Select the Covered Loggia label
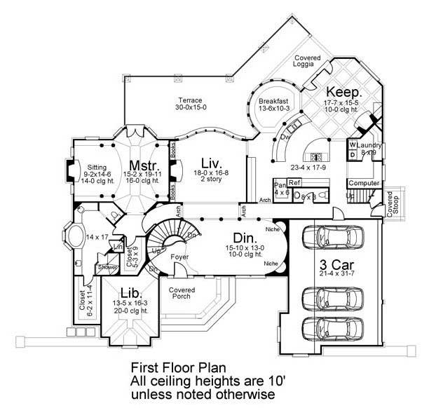pos(307,62)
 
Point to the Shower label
pos(108,266)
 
